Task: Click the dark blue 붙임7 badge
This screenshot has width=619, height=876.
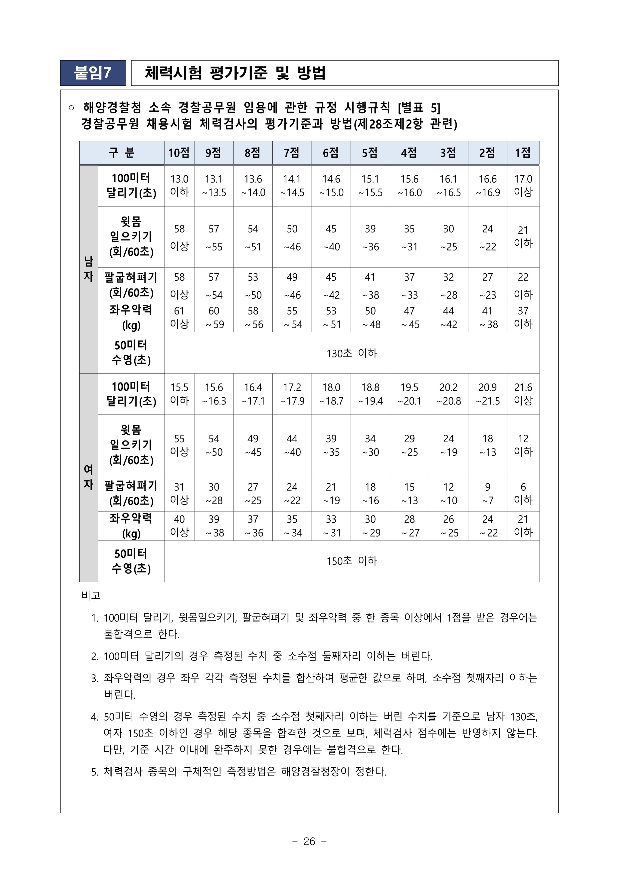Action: (x=93, y=73)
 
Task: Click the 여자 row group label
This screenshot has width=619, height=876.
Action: (x=88, y=477)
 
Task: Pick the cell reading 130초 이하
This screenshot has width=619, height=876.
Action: (x=351, y=353)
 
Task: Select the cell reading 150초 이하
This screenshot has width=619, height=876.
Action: (x=351, y=561)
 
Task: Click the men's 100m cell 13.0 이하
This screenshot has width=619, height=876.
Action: (x=179, y=185)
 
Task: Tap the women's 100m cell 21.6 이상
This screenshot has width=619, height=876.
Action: (x=523, y=394)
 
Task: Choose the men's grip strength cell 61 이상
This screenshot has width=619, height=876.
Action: (x=179, y=317)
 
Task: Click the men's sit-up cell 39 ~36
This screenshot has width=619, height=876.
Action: (x=370, y=237)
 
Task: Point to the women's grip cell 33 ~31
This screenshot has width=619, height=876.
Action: (x=331, y=526)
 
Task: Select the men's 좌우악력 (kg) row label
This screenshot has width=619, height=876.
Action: (x=131, y=317)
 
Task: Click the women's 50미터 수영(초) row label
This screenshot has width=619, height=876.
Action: (x=131, y=561)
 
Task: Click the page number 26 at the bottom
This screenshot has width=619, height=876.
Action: (x=309, y=841)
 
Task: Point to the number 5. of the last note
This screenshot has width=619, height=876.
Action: (x=95, y=772)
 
